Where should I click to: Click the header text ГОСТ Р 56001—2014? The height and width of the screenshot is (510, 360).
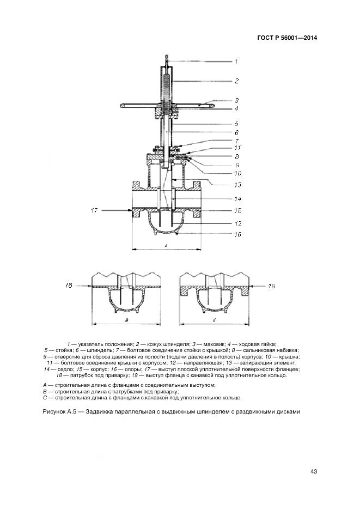[286, 38]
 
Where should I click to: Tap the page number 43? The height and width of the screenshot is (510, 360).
[314, 471]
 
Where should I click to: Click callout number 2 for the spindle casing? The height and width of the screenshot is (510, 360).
[237, 81]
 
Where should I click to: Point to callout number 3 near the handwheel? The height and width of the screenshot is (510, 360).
[237, 100]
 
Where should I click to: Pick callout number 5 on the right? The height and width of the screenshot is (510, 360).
[237, 124]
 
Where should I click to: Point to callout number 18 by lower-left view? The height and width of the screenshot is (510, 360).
[69, 284]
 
